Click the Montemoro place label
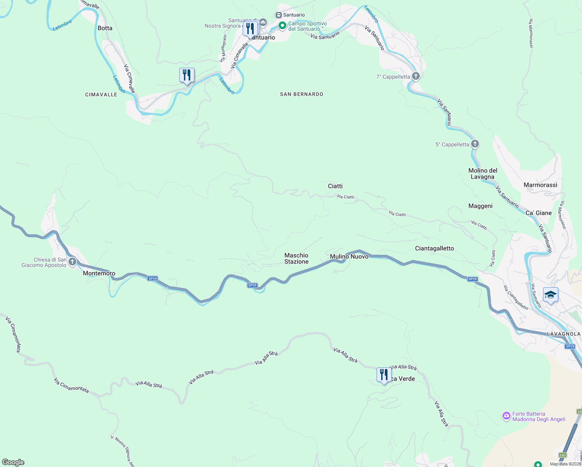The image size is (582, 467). (x=99, y=273)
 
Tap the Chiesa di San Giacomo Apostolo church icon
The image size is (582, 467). (x=72, y=262)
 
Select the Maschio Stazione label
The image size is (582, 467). (x=296, y=258)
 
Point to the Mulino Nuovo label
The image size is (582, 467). (x=349, y=256)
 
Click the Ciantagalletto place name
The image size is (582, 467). (x=434, y=248)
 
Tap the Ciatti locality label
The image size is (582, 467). (x=335, y=186)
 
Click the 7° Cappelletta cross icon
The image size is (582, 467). (x=415, y=76)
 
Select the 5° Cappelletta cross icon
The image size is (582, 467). (x=475, y=144)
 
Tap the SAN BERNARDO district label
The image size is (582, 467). (x=302, y=94)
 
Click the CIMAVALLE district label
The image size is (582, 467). (x=101, y=95)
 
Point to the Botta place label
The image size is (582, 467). (x=105, y=28)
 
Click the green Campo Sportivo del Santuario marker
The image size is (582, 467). (x=282, y=26)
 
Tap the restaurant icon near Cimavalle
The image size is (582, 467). (x=187, y=75)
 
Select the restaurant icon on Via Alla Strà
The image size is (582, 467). (x=384, y=375)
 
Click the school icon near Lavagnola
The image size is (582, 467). (x=550, y=295)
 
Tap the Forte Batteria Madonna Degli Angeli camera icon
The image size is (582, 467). (x=506, y=416)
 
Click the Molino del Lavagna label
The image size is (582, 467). (x=482, y=174)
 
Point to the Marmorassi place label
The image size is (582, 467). (x=540, y=185)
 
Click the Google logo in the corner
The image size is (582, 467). (x=13, y=462)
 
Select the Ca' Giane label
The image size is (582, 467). (x=538, y=213)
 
